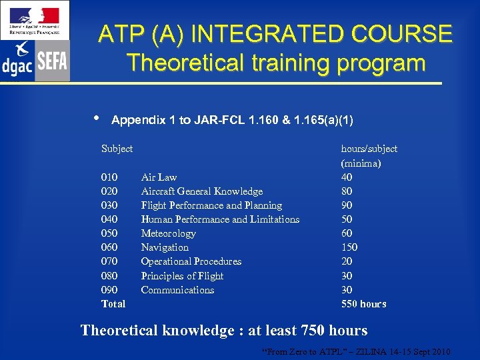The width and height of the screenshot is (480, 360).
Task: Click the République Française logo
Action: (x=35, y=19)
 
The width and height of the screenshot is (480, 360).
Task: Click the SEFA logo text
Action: (x=52, y=61)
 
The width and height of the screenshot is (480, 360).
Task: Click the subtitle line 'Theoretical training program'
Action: (x=275, y=63)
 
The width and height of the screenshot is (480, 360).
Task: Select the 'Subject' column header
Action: (x=117, y=149)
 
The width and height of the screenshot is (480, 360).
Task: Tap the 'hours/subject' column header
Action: (x=369, y=149)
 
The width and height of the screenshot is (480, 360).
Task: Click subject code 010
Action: (x=109, y=177)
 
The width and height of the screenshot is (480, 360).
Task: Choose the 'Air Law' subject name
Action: (x=159, y=177)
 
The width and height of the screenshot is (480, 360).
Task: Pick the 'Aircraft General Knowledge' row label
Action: (x=201, y=191)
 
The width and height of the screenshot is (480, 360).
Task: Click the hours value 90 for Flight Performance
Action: (x=347, y=205)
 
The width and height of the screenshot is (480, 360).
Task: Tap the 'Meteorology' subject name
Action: (x=168, y=233)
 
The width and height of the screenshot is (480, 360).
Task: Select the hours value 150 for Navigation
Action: (x=349, y=247)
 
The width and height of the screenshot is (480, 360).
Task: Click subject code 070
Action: (x=109, y=261)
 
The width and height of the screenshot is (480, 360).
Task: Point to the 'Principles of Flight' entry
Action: (x=182, y=276)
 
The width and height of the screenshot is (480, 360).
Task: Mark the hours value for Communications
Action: (x=347, y=290)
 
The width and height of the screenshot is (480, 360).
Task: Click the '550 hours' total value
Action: (x=363, y=304)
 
